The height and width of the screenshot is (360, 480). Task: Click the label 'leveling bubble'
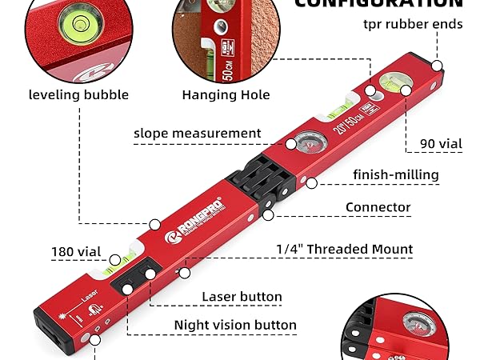pos(78,94)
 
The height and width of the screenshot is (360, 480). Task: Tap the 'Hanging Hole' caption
pos(226,94)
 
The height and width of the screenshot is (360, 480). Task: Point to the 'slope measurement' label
pos(197,133)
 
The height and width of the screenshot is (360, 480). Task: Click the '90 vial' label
pos(442,144)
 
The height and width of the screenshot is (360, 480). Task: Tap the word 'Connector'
pos(378,207)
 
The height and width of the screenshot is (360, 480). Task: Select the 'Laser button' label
pos(242,297)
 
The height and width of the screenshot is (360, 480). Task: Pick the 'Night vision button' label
pos(236,326)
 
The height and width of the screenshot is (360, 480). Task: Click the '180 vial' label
pos(77,251)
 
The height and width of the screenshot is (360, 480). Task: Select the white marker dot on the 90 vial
pos(406,90)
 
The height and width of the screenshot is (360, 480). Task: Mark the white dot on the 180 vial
pos(115,259)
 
